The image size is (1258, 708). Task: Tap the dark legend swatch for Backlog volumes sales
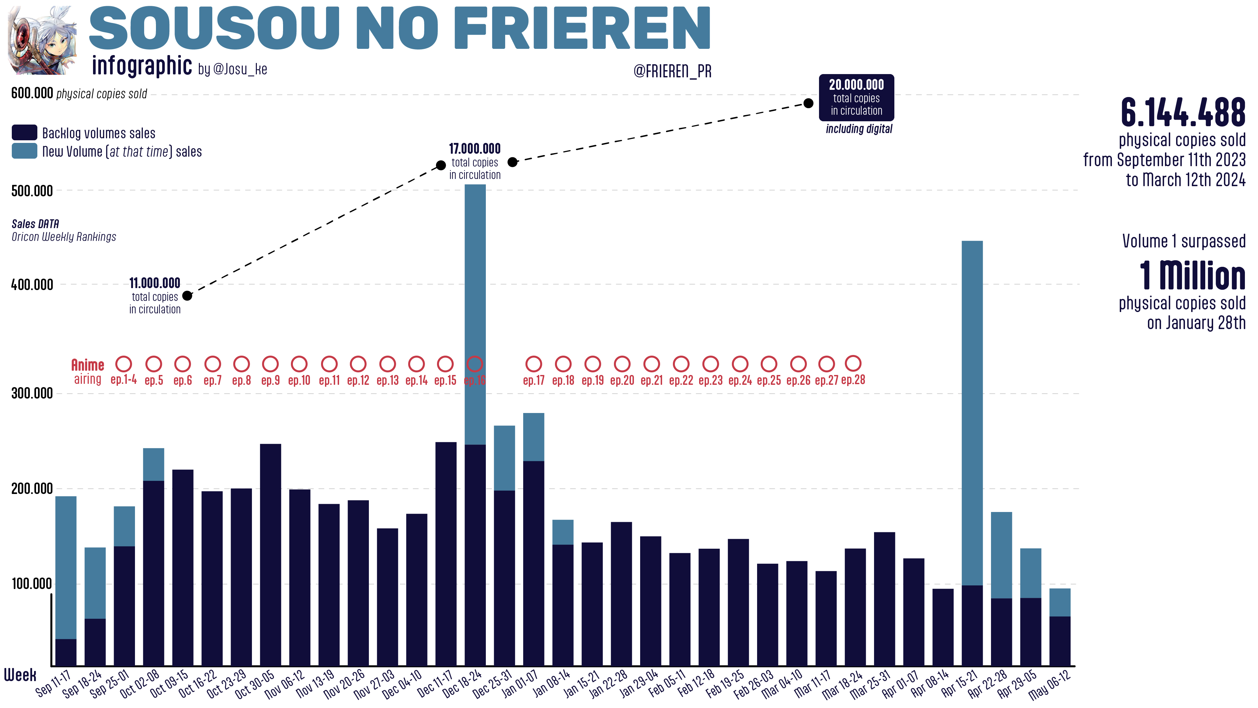(25, 132)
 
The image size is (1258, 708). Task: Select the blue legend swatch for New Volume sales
(25, 151)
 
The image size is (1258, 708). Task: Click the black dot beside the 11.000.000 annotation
(187, 296)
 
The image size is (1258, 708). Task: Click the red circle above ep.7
(212, 364)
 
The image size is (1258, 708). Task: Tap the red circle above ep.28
(853, 364)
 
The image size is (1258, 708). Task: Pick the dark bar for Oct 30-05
(271, 555)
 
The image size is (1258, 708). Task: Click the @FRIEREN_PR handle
(673, 71)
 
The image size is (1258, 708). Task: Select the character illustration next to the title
(43, 41)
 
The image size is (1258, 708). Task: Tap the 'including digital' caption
(859, 129)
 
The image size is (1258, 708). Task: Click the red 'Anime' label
(88, 365)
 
